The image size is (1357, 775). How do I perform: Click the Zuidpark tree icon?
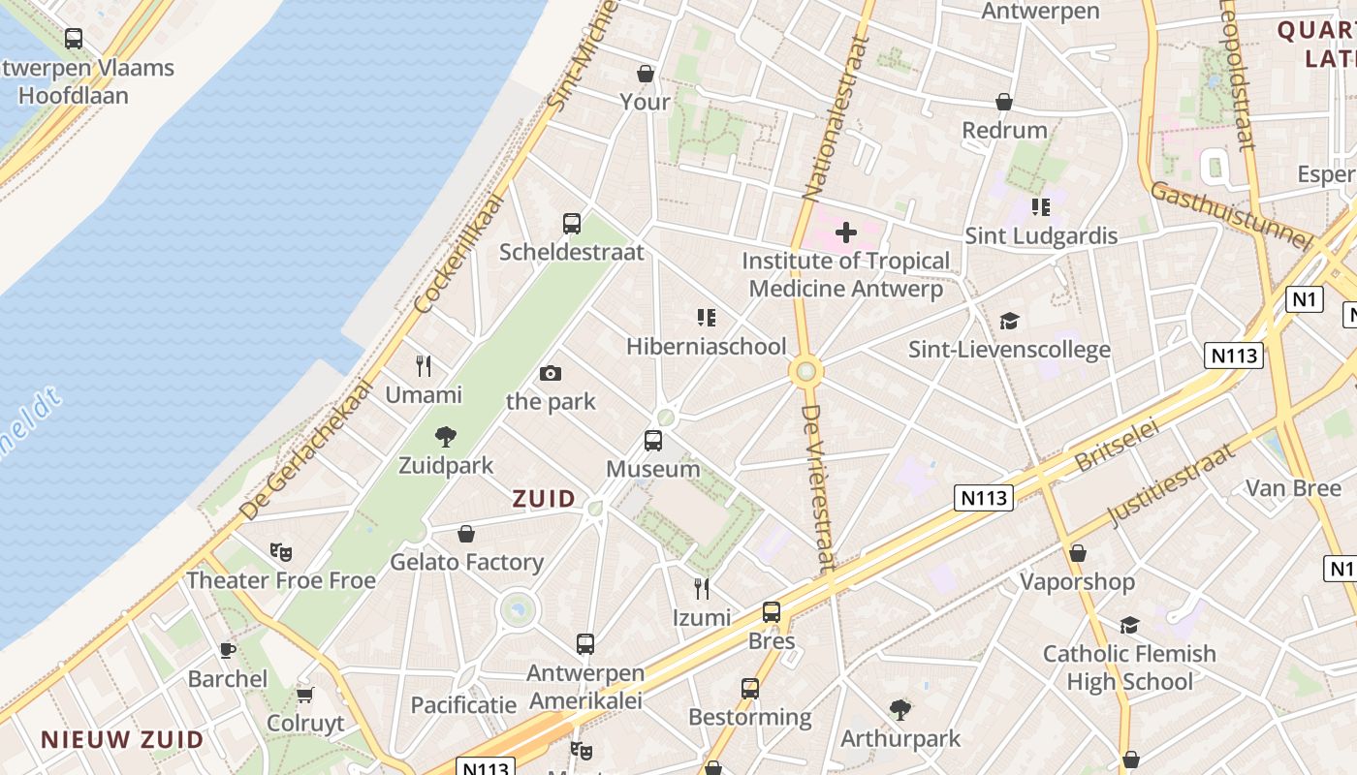446,437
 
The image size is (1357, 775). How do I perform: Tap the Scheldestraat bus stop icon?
572,224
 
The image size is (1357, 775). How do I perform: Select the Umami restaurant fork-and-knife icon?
424,366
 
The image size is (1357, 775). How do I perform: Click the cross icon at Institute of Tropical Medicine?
846,232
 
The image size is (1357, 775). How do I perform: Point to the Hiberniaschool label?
706,346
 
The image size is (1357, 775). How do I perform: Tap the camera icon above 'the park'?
551,373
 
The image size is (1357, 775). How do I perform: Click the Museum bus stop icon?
653,441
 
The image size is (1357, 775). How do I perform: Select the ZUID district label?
544,499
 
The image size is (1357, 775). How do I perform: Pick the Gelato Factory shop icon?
466,534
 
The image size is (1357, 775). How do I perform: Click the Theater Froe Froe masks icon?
281,552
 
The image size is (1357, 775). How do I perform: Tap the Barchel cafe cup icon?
228,650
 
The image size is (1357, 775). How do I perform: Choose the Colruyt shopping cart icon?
305,695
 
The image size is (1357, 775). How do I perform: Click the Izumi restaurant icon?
702,588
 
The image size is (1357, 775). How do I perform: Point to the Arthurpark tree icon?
900,710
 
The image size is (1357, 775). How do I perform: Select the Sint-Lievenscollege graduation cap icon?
1010,321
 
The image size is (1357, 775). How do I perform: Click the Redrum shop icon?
1004,102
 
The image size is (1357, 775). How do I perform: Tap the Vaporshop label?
1077,581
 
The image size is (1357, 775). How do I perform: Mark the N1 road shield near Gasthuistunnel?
1305,299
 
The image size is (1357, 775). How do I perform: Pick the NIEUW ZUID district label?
122,740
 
